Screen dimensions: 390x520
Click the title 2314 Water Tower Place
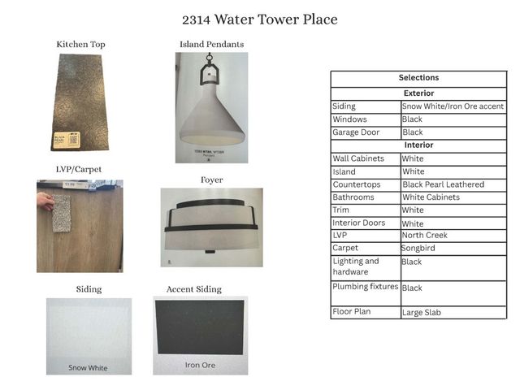[x=260, y=19]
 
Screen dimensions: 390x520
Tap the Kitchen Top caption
[x=80, y=44]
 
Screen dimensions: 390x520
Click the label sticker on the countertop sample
[x=64, y=139]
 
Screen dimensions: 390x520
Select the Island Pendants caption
[x=211, y=44]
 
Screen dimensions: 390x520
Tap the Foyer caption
[x=211, y=180]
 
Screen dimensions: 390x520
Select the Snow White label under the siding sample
[x=88, y=368]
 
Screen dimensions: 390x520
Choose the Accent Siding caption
[x=193, y=289]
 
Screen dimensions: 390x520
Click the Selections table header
[x=418, y=78]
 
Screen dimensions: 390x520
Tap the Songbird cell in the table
[x=419, y=248]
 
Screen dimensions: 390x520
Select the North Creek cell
[x=424, y=235]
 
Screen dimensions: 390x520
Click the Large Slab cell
[x=422, y=312]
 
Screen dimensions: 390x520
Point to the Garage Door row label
[x=356, y=132]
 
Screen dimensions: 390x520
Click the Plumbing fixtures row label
[x=365, y=287]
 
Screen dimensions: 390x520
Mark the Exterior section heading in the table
[x=418, y=93]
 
